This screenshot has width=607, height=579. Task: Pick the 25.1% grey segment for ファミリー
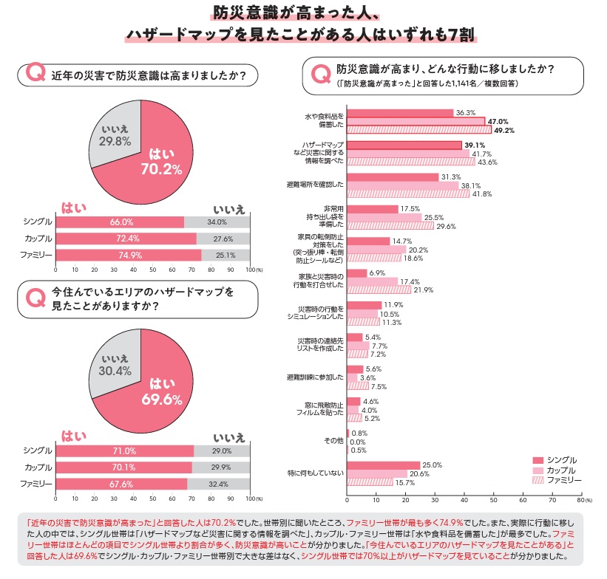point(225,256)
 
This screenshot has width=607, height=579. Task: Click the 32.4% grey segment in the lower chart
point(223,484)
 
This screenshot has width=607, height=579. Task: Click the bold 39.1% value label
point(475,145)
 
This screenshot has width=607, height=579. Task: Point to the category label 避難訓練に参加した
point(315,377)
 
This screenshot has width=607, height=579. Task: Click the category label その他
point(335,442)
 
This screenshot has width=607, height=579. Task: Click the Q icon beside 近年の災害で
point(33,74)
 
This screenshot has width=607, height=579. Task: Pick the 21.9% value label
point(423,290)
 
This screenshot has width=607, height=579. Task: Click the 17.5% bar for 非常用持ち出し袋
point(373,209)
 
